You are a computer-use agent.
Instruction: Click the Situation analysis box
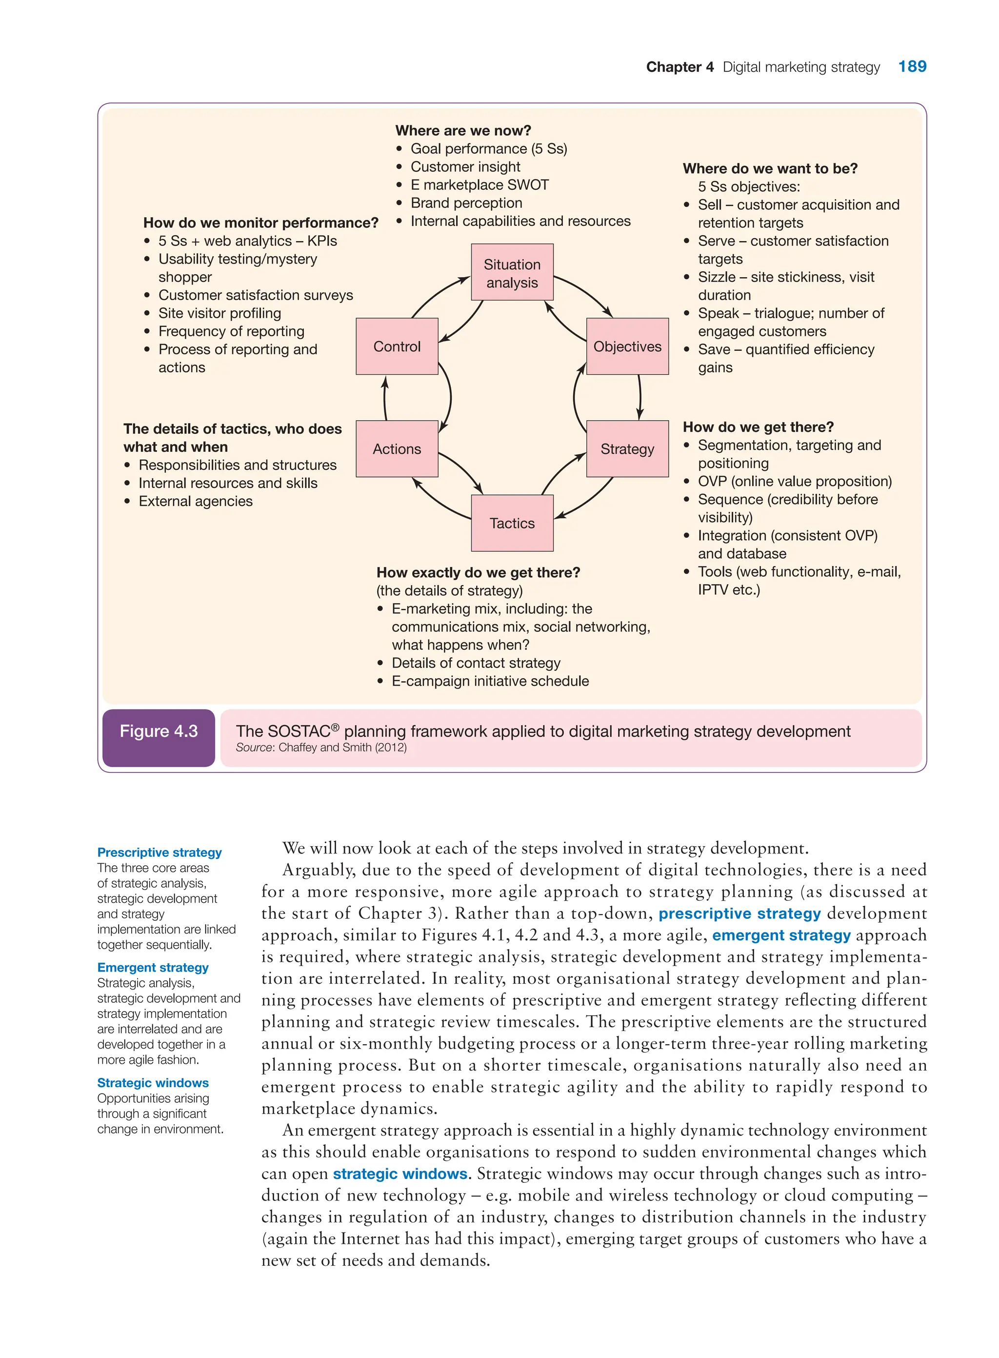(512, 273)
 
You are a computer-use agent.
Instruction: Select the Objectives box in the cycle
(627, 346)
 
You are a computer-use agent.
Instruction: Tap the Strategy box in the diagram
(627, 449)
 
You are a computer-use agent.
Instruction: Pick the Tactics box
(512, 523)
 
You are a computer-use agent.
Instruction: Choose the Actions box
(397, 449)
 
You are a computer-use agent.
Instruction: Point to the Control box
(397, 346)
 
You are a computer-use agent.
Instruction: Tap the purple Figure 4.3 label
(159, 731)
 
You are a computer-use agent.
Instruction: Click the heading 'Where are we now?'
(463, 131)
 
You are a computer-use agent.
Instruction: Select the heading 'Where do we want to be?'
(770, 169)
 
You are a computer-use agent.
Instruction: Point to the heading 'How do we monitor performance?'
(260, 223)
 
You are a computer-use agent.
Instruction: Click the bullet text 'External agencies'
(195, 502)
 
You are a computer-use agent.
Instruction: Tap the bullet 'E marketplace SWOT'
(480, 185)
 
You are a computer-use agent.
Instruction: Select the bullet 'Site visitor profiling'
(220, 313)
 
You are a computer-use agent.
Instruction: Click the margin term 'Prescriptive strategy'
(159, 852)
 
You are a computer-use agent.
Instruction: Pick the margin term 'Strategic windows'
(153, 1083)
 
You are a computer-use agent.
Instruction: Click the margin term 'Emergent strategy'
(153, 968)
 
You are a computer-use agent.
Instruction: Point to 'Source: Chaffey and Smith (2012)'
(321, 748)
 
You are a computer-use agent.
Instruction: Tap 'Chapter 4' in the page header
(679, 67)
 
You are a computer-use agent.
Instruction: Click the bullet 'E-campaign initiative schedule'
(490, 681)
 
